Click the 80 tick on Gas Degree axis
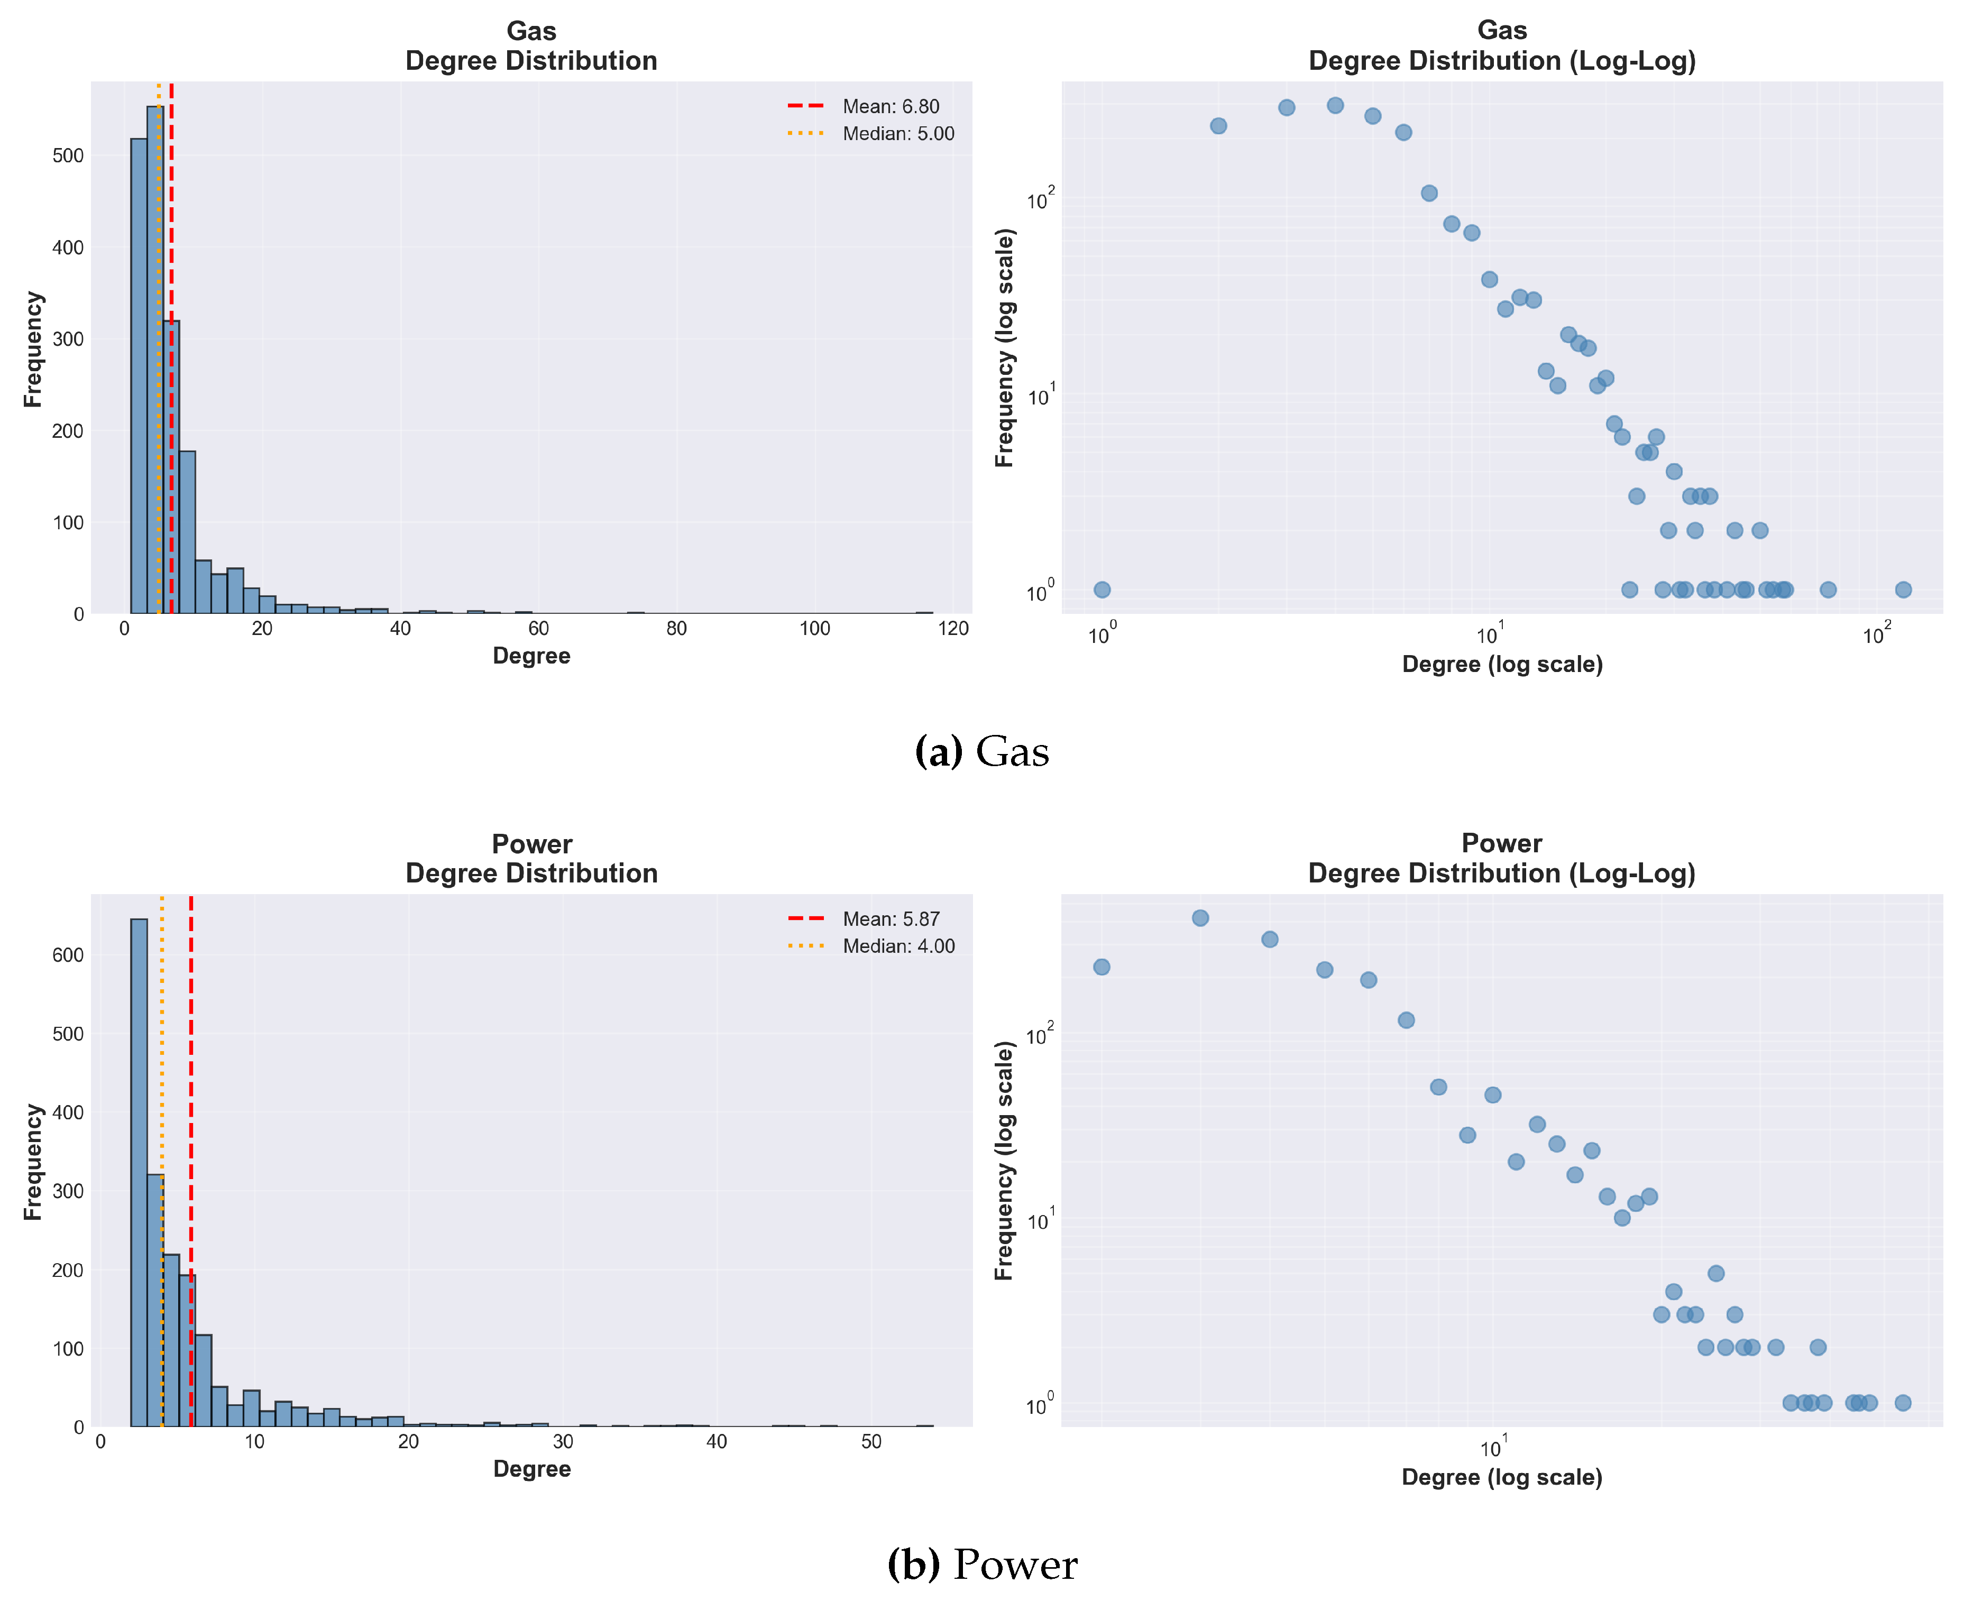point(676,629)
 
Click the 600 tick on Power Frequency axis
point(67,955)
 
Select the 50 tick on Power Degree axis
point(871,1441)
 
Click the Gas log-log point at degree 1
point(1102,590)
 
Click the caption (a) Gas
point(981,752)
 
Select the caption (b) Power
point(981,1565)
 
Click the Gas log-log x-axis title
point(1502,664)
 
